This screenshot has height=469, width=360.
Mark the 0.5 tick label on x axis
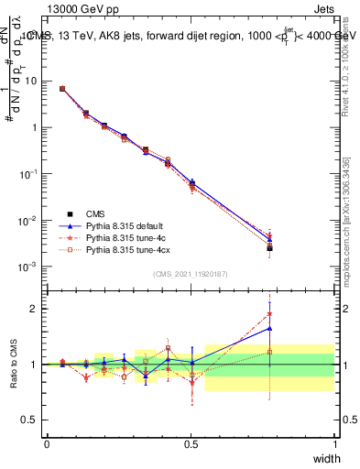pyautogui.click(x=191, y=443)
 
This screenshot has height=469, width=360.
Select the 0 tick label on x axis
pyautogui.click(x=47, y=443)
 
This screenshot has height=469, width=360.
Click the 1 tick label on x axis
pyautogui.click(x=335, y=443)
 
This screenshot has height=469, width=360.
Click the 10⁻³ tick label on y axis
pyautogui.click(x=29, y=267)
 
